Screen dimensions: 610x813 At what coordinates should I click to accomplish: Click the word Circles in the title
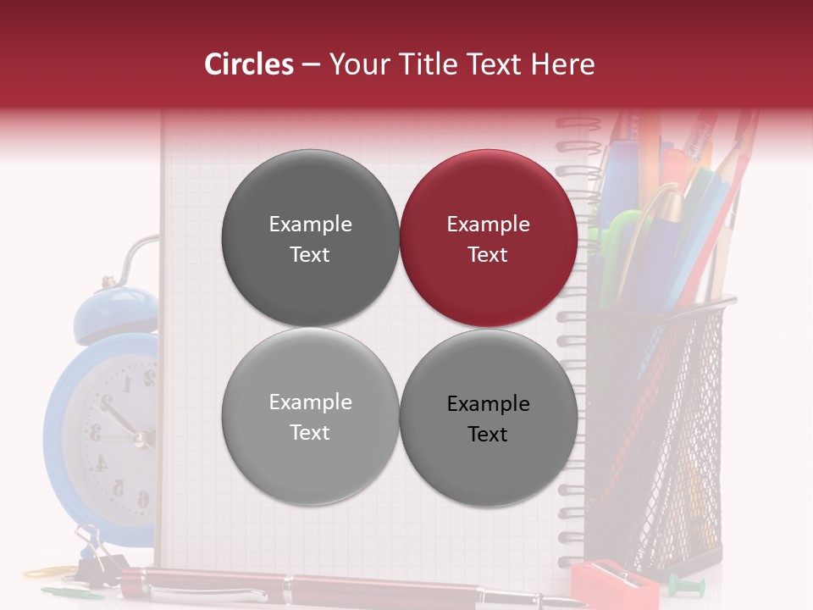(249, 64)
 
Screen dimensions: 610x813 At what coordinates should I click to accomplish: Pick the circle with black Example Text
(489, 418)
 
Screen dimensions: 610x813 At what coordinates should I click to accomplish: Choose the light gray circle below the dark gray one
(310, 417)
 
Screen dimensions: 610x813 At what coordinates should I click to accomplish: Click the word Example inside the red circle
(489, 225)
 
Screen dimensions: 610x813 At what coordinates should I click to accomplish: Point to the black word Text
(488, 434)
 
